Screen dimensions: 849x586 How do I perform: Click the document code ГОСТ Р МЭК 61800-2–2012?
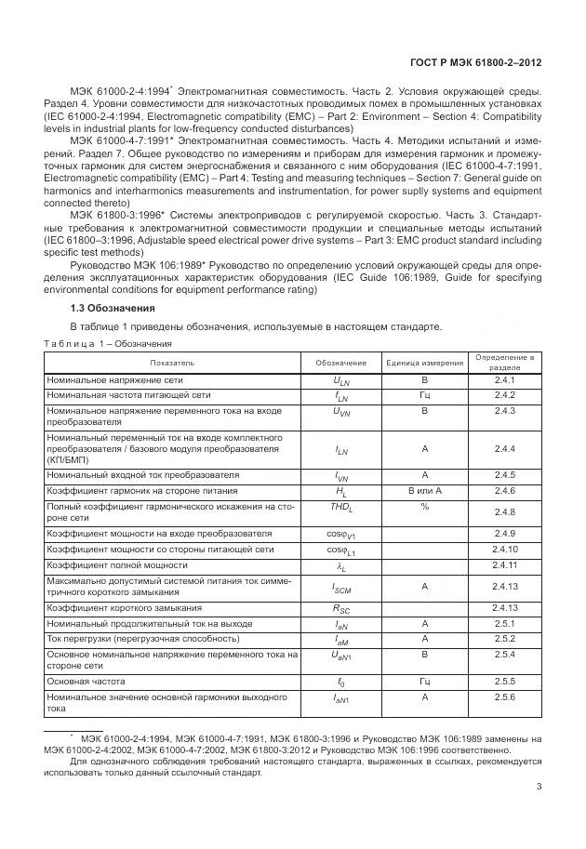pos(475,63)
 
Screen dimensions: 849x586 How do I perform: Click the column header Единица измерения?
pos(424,362)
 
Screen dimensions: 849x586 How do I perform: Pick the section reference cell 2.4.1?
pos(504,380)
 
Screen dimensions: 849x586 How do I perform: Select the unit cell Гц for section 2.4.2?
pos(424,395)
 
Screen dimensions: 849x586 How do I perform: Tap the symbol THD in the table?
pos(340,508)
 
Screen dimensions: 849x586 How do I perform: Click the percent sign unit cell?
pos(424,507)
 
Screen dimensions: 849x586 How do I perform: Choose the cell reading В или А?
pos(424,490)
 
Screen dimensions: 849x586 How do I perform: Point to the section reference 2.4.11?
pos(504,565)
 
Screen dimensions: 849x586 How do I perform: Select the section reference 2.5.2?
pos(504,665)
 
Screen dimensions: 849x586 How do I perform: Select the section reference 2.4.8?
pos(504,512)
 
